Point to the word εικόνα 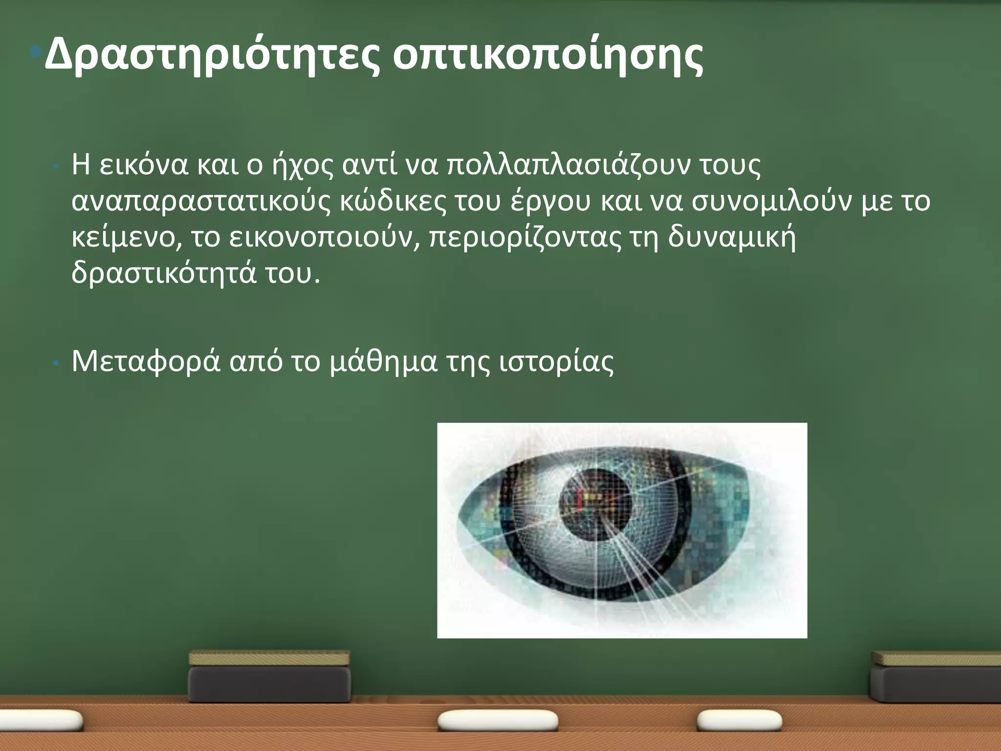[x=143, y=165]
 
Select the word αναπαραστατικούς [x=200, y=202]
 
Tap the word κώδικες [x=392, y=201]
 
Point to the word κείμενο [x=126, y=238]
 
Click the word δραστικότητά [x=163, y=274]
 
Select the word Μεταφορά [x=146, y=362]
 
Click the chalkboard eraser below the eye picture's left [x=269, y=677]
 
